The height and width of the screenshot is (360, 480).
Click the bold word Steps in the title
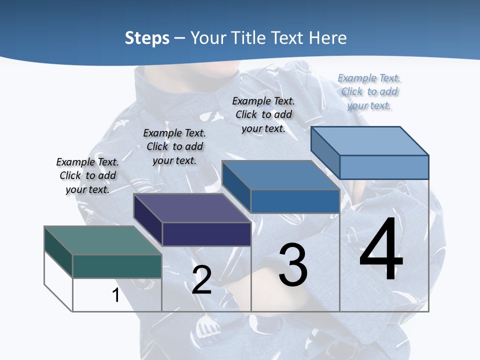coord(147,38)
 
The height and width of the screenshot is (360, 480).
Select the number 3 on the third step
coord(293,264)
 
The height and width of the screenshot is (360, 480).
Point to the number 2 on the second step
coord(201,279)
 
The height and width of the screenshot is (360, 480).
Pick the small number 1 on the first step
coord(116,295)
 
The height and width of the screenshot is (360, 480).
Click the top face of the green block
coord(102,240)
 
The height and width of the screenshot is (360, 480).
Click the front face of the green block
coord(117,266)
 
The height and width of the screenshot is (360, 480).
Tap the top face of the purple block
coord(192,208)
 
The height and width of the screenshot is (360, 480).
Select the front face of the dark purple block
coord(206,234)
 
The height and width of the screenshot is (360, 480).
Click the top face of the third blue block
coord(280,175)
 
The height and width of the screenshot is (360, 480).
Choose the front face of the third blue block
coord(295,201)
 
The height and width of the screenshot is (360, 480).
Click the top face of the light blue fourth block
coord(369,141)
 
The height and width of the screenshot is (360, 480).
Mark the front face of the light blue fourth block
coord(384,167)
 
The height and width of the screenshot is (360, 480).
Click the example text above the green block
coord(87,175)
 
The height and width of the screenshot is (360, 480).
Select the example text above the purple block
coord(174,146)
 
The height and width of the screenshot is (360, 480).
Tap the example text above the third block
coord(263,114)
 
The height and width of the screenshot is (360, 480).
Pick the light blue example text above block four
coord(369,91)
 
